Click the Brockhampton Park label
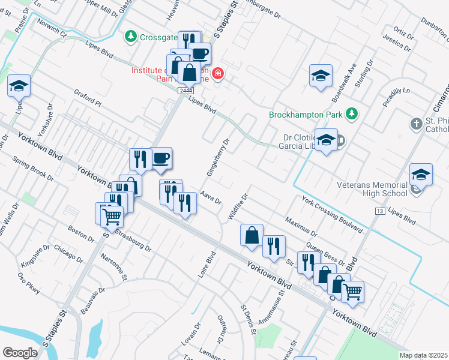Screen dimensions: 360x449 [x=306, y=113]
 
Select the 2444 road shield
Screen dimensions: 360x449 [x=185, y=90]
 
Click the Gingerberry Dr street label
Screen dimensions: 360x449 [x=219, y=158]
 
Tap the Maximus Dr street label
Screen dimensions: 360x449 [x=301, y=226]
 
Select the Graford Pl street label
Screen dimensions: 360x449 [x=88, y=98]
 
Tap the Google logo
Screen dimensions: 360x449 [x=20, y=352]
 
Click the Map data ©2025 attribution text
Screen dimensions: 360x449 [x=423, y=355]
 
